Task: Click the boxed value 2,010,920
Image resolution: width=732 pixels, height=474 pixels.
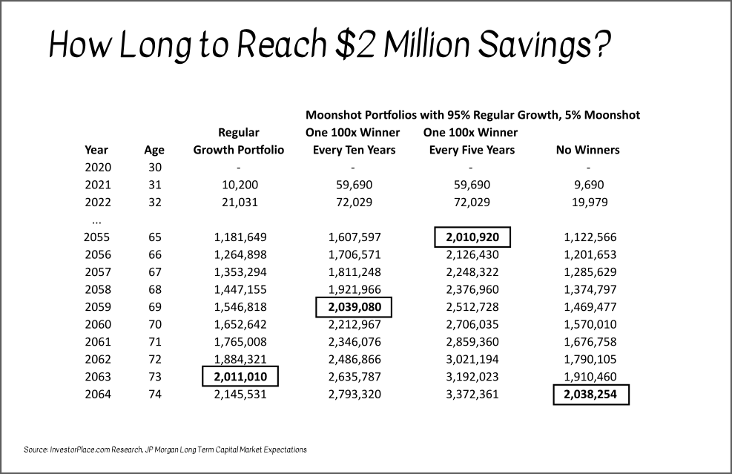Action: [x=472, y=237]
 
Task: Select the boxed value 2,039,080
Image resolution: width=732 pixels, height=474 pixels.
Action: [x=354, y=306]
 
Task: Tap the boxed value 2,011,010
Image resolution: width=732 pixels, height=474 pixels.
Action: [x=239, y=377]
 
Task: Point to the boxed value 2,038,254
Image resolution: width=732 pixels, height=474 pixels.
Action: [x=590, y=395]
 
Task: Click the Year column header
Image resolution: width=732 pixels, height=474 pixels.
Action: [x=96, y=150]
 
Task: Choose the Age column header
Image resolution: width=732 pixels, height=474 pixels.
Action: [x=154, y=151]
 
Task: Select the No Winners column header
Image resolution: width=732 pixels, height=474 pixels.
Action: [x=587, y=150]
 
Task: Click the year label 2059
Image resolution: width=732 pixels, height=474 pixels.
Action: [x=97, y=306]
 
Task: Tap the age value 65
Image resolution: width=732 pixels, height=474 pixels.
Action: [x=154, y=237]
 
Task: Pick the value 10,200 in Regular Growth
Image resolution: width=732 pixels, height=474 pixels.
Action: [x=239, y=185]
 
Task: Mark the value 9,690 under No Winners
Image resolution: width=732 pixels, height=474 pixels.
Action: [x=588, y=185]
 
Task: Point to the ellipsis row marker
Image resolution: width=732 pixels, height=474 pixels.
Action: [x=96, y=220]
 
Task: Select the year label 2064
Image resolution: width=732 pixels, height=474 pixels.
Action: [x=97, y=395]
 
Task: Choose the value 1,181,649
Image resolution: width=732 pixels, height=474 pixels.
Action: [x=239, y=237]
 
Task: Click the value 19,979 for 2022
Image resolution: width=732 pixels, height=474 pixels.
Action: [x=588, y=203]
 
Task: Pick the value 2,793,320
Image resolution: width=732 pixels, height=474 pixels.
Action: [x=354, y=395]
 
